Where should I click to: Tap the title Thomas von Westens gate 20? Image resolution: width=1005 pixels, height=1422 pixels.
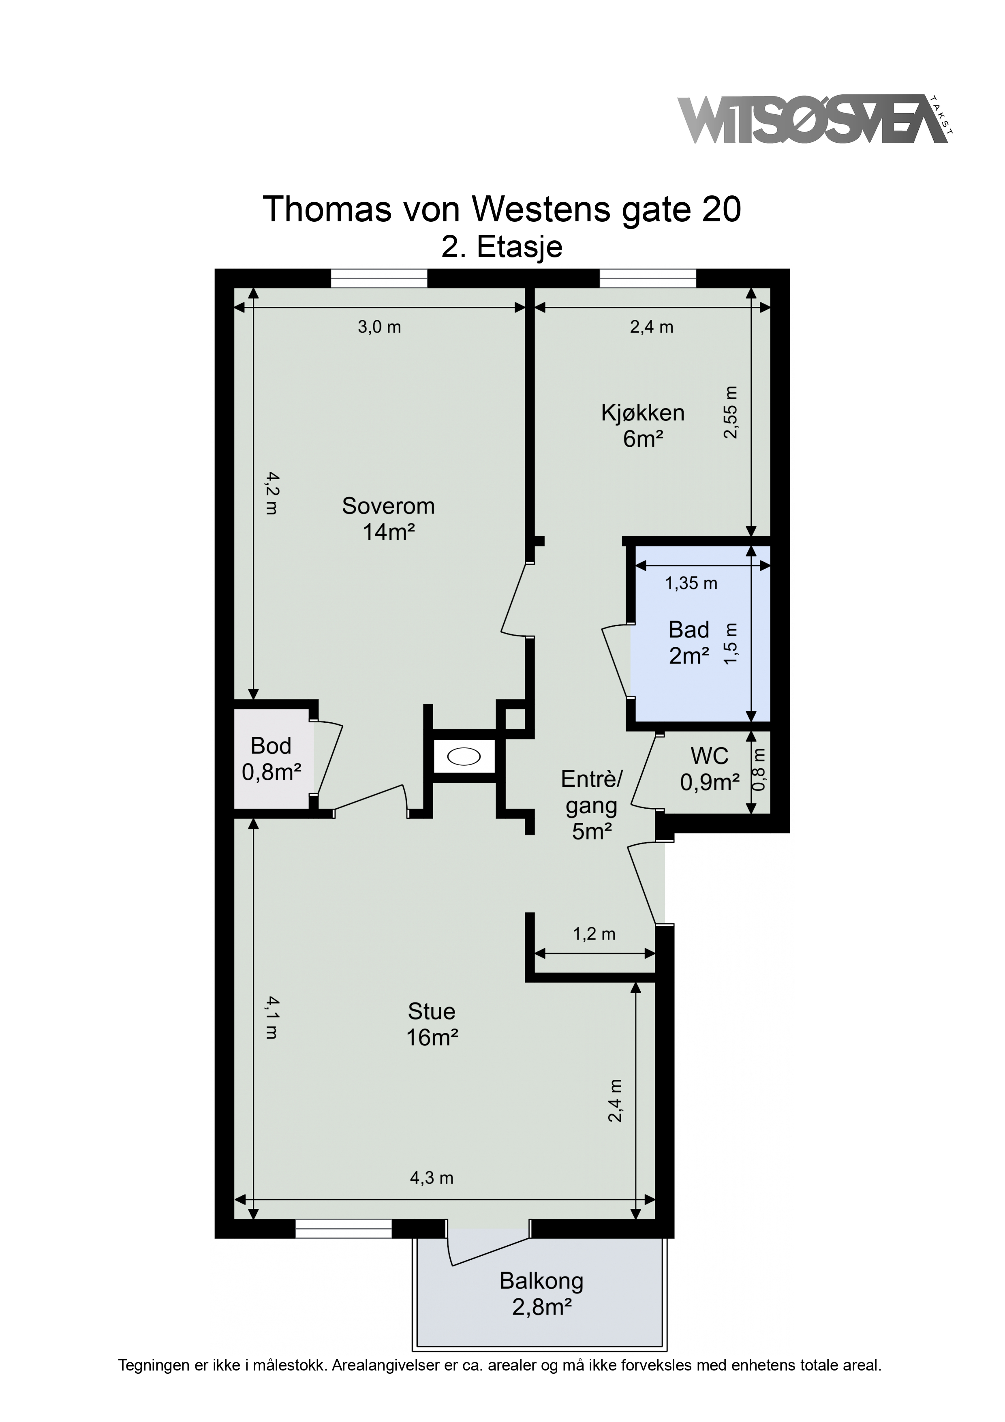(x=502, y=209)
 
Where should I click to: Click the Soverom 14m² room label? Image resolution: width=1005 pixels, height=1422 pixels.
(x=388, y=519)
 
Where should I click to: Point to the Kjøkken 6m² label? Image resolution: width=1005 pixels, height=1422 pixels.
(x=643, y=426)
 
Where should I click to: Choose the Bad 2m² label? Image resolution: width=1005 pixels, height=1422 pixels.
(x=689, y=642)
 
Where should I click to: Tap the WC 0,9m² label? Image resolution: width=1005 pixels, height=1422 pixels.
(x=710, y=769)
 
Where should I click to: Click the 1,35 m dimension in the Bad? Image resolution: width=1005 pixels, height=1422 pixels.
(x=691, y=583)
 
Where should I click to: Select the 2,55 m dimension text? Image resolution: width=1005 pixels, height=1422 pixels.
(x=731, y=412)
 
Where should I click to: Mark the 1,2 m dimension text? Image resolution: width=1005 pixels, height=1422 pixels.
(x=594, y=934)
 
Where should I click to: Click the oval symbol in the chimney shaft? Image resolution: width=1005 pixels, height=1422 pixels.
(x=463, y=757)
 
